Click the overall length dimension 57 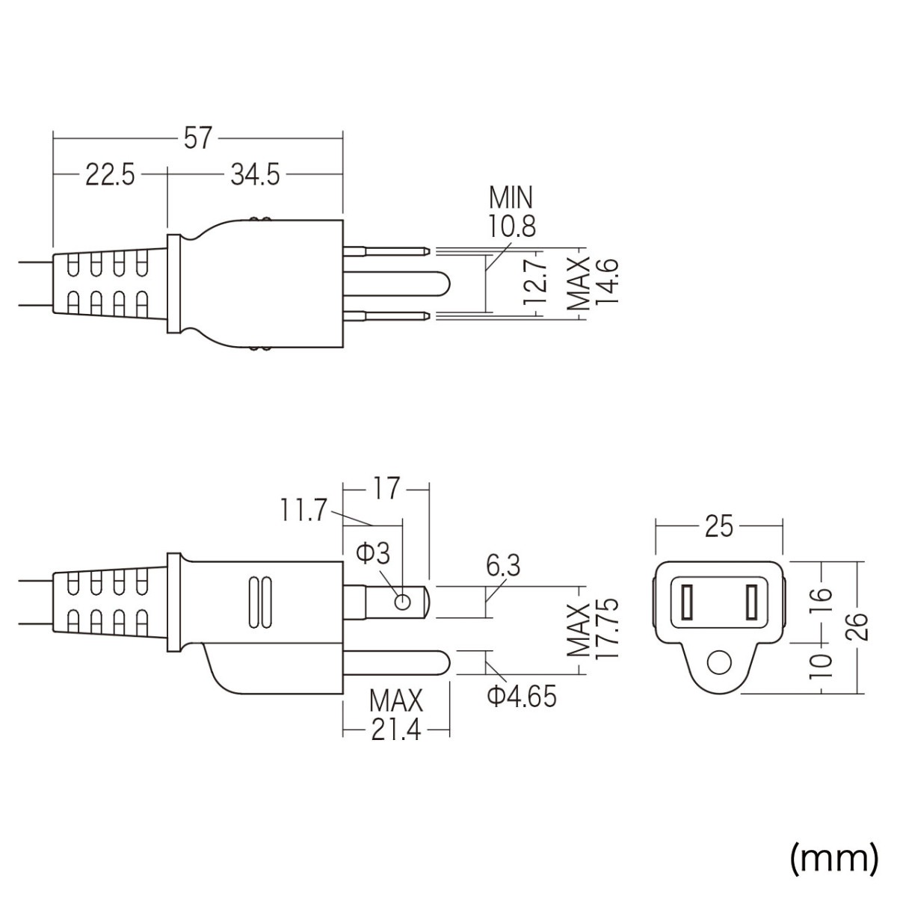coord(198,138)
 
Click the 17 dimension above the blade coord(386,490)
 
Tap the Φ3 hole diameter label coord(372,554)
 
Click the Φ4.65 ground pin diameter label coord(522,697)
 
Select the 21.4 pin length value coord(395,730)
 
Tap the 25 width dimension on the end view coord(718,527)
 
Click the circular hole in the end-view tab coord(719,662)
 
